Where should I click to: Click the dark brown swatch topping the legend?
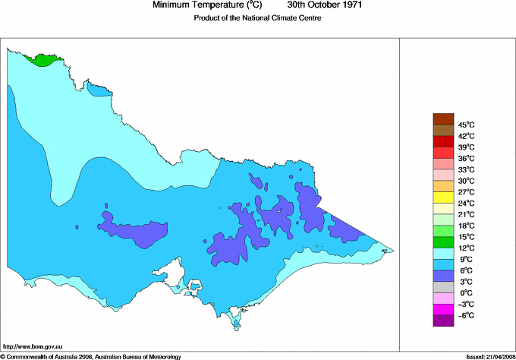tap(442, 118)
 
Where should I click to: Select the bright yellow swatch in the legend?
tap(442, 197)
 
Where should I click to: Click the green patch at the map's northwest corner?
tap(42, 59)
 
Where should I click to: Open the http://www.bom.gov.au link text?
tap(33, 346)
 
